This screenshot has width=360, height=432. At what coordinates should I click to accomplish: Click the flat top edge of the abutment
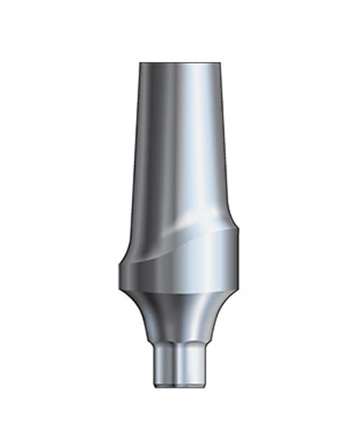180,63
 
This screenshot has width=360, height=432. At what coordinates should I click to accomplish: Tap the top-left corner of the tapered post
140,65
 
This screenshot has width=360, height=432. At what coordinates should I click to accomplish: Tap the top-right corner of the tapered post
220,65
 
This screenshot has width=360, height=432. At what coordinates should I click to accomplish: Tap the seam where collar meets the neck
180,292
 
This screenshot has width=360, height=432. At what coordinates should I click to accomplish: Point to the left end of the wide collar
120,274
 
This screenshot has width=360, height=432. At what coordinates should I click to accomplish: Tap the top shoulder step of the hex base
180,350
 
